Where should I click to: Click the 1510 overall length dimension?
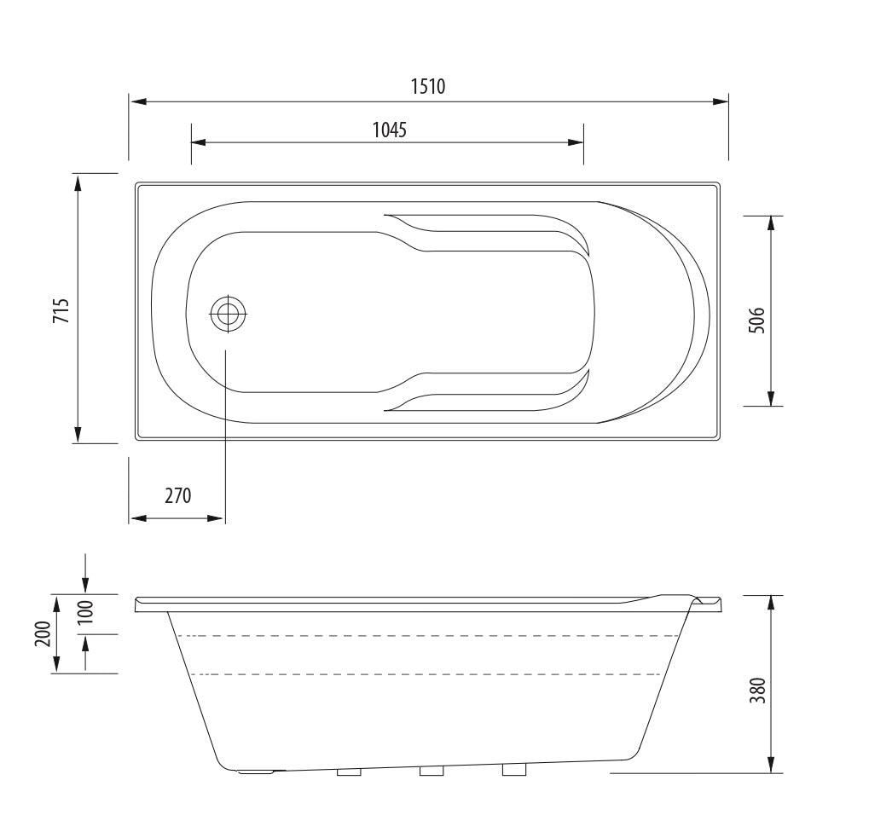coord(428,86)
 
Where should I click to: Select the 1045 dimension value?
coord(389,130)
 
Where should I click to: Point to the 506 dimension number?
coord(756,320)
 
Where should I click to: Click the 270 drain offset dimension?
coord(177,495)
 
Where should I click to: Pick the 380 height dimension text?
coord(756,688)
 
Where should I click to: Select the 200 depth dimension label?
coord(42,634)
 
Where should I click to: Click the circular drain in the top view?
coord(228,314)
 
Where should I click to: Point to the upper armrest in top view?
coord(486,232)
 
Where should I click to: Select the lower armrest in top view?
coord(486,394)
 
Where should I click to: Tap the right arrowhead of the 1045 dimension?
coord(576,142)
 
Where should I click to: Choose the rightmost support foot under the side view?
coord(514,771)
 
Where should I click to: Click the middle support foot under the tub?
coord(432,772)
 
